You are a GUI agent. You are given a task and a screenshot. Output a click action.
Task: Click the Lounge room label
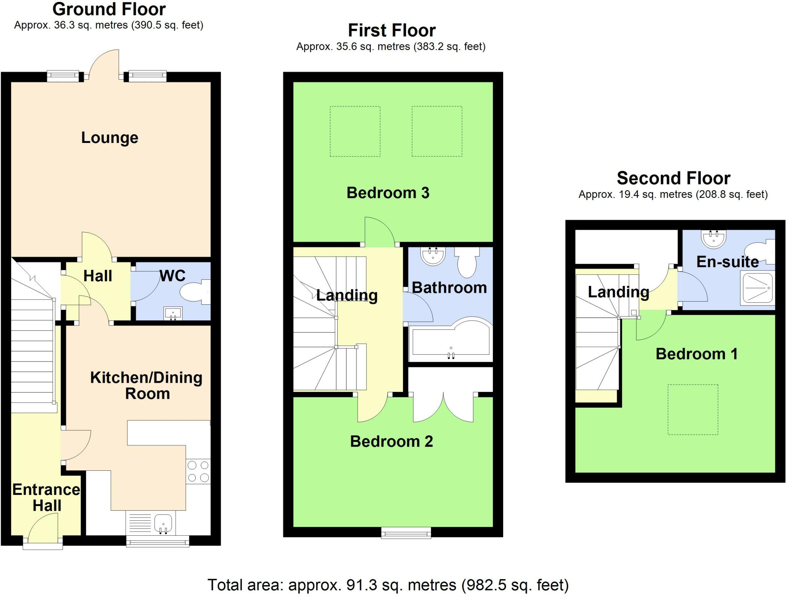[109, 138]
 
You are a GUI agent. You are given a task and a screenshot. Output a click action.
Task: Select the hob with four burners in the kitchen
[198, 471]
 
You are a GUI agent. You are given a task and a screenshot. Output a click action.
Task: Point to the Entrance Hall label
[46, 497]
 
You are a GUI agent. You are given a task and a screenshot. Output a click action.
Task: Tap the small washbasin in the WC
[173, 314]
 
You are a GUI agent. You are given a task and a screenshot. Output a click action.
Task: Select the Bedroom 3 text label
[388, 193]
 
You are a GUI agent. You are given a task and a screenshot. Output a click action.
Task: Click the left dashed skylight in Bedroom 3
[355, 131]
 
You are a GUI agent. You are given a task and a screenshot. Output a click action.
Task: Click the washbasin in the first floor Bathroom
[433, 256]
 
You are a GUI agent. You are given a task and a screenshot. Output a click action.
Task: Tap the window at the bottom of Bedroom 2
[406, 532]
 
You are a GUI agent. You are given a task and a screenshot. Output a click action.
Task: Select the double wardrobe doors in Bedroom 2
[443, 407]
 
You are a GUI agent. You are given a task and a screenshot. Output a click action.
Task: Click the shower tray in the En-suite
[758, 287]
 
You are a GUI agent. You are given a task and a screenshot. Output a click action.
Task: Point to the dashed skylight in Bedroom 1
[693, 410]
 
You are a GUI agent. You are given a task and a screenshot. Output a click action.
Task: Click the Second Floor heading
[673, 178]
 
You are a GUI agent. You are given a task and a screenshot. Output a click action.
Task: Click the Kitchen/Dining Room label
[146, 385]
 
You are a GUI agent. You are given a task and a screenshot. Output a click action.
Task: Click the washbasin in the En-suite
[714, 239]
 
